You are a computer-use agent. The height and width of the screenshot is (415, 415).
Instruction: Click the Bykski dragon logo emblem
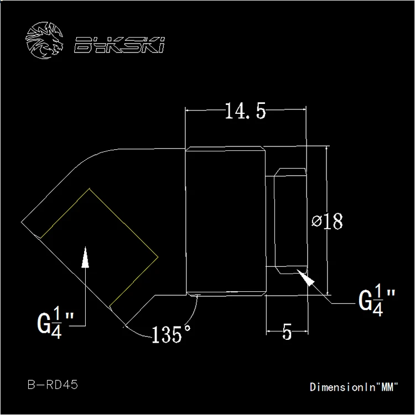(x=44, y=40)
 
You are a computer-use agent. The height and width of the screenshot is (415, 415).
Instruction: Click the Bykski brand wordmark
(x=120, y=45)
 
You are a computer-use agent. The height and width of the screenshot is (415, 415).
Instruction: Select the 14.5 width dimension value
(x=245, y=111)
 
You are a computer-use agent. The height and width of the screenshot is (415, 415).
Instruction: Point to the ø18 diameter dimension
(x=327, y=221)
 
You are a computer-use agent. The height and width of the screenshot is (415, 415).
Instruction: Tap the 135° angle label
(x=171, y=334)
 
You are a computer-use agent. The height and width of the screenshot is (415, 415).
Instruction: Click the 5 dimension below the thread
(x=287, y=332)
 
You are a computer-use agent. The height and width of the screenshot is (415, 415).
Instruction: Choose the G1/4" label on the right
(x=377, y=300)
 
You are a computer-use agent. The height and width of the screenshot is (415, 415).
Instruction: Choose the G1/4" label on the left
(x=55, y=322)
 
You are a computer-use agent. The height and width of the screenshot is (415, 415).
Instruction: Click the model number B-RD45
(x=53, y=385)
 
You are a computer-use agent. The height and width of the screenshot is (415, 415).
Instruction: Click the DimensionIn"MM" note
(x=354, y=387)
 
